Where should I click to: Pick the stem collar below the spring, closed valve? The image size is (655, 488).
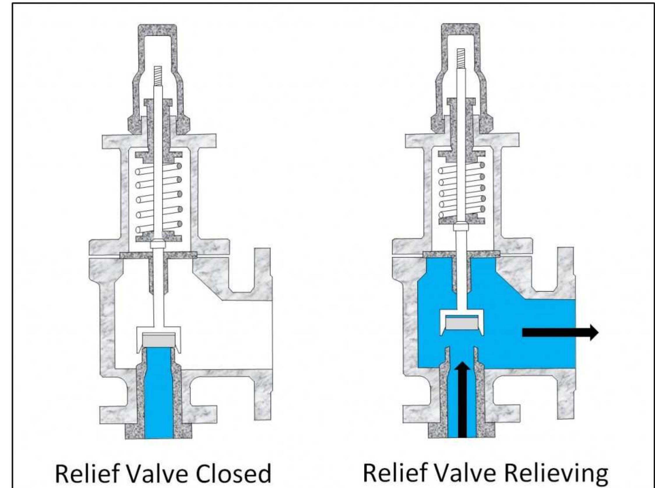tap(159, 244)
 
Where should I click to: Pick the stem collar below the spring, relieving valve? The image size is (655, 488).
tap(462, 227)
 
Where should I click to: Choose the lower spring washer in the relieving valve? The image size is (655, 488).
tap(462, 219)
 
